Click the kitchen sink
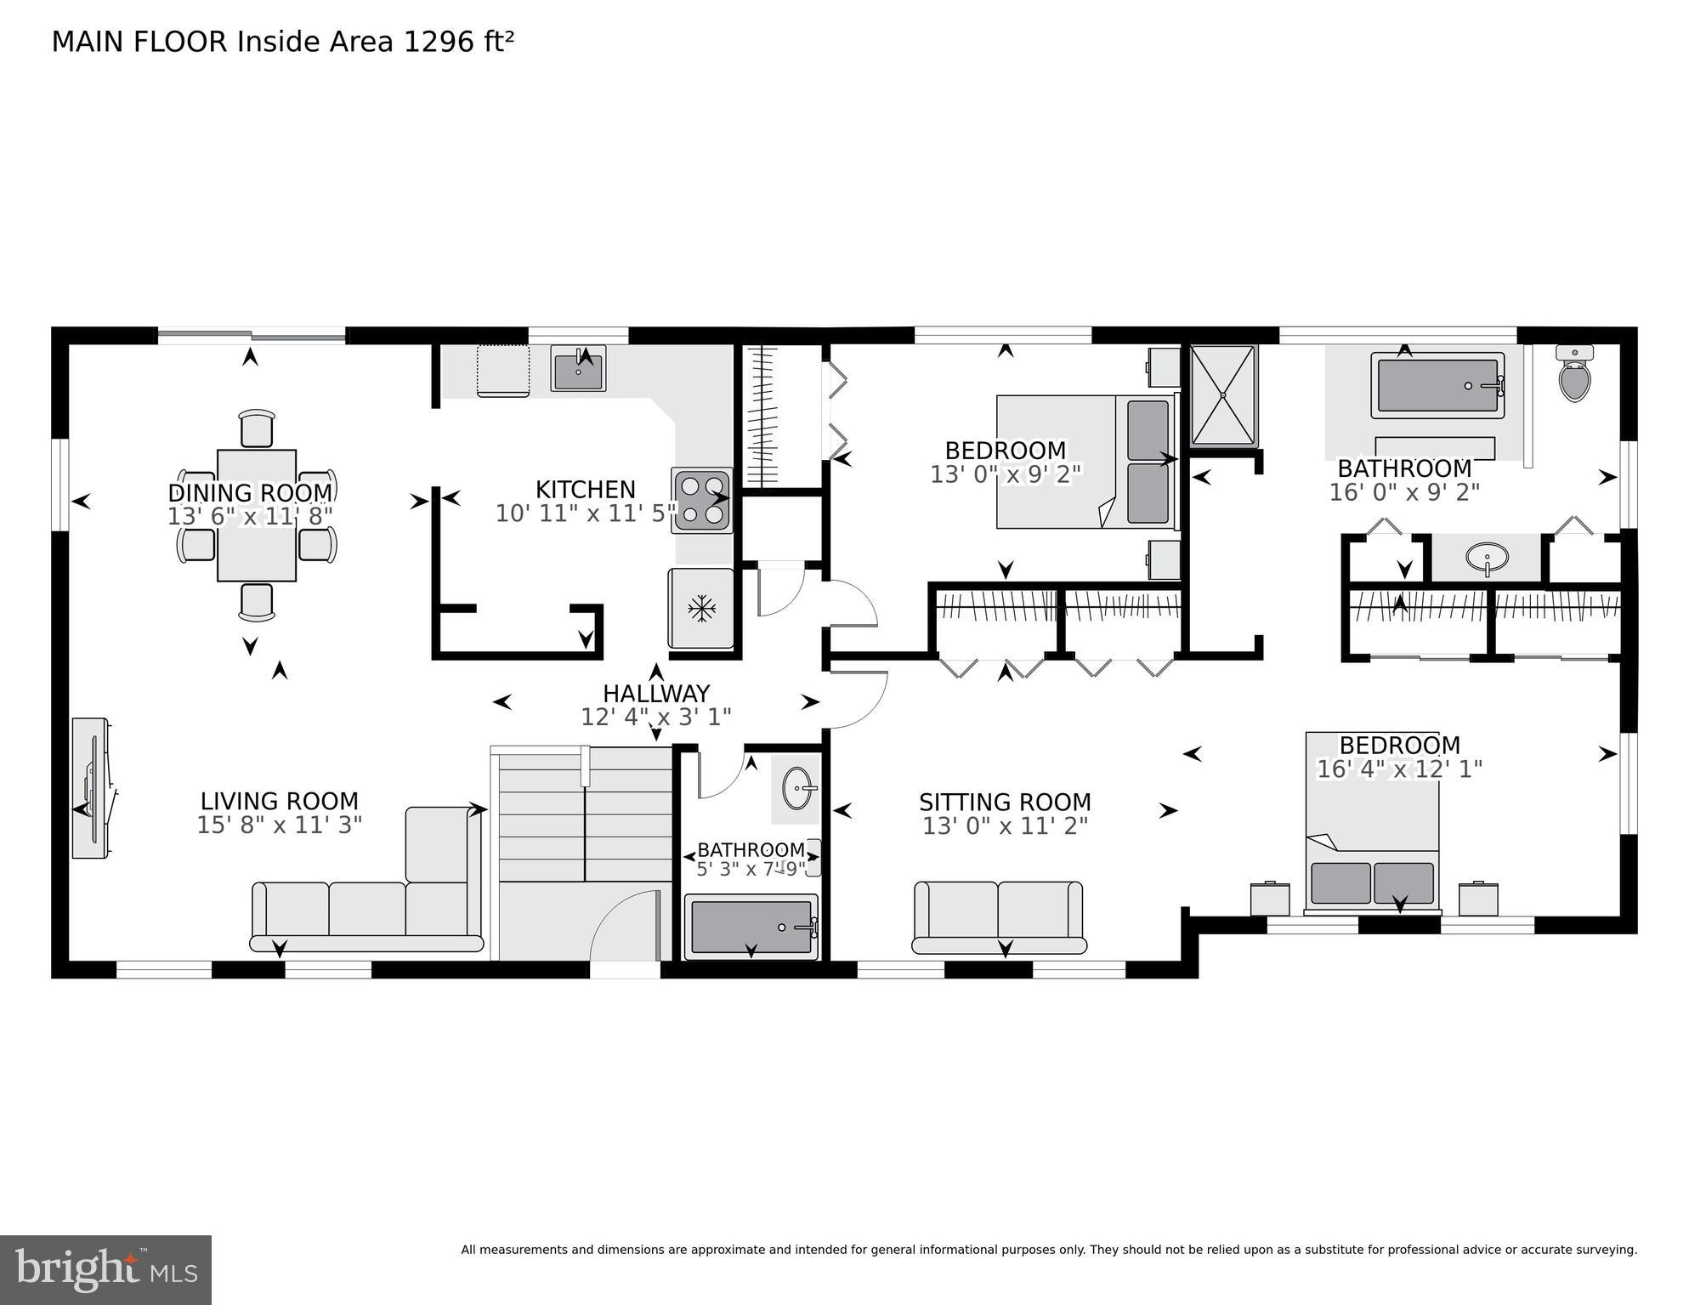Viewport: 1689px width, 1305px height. click(578, 369)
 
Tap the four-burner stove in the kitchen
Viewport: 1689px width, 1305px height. click(702, 500)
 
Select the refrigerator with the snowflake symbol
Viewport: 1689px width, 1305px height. click(701, 608)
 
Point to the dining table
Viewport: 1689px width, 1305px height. click(257, 515)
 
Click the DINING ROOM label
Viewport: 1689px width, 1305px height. click(250, 493)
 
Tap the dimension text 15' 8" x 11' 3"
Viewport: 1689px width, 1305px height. click(280, 826)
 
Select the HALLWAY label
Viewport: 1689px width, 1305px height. click(655, 694)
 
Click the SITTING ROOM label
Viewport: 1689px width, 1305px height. click(1005, 803)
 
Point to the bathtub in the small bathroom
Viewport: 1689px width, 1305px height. click(751, 928)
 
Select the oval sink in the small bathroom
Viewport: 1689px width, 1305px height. click(797, 788)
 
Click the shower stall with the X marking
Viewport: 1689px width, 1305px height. click(1223, 395)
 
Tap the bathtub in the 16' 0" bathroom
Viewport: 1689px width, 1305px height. click(1437, 386)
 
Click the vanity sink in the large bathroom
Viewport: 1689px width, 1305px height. click(1487, 559)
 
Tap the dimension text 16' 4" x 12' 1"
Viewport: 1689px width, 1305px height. click(1399, 769)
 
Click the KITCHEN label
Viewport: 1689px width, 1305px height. click(586, 490)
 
